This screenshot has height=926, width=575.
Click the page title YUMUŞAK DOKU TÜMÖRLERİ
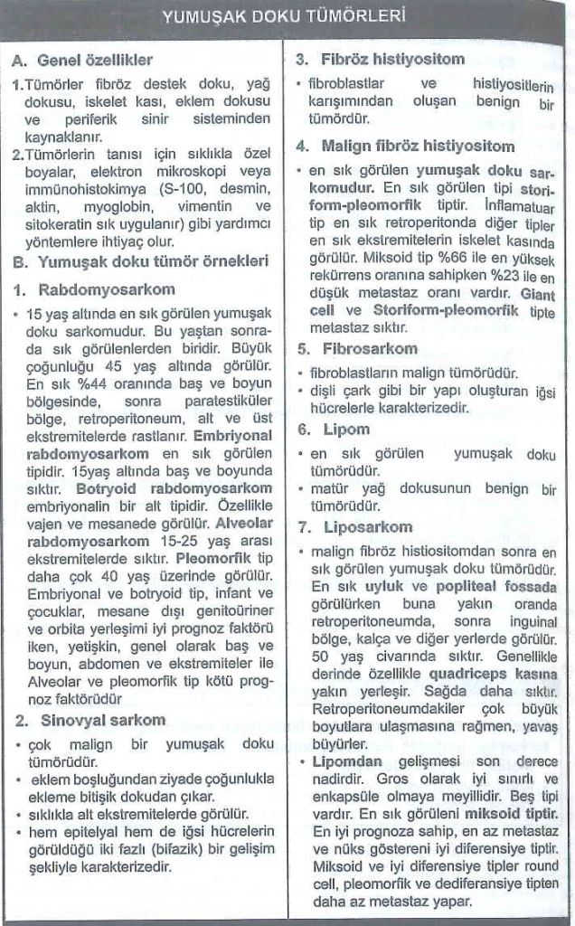click(x=283, y=15)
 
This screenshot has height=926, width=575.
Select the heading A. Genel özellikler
click(x=82, y=61)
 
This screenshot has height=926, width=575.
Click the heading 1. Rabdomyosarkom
click(x=94, y=291)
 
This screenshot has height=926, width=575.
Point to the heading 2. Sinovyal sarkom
click(x=90, y=720)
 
